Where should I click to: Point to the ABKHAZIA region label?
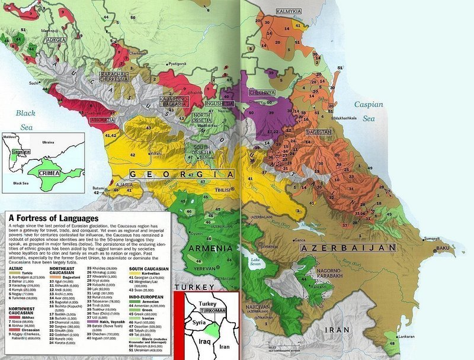click(103, 120)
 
